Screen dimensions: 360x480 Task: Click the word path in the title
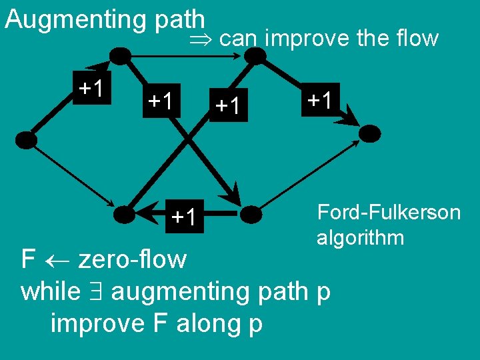coord(179,19)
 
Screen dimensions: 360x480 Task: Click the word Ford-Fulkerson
coord(389,213)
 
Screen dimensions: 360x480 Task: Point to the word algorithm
coord(360,238)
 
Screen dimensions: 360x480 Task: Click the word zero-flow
coord(133,259)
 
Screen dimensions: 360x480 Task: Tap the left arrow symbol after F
coord(57,259)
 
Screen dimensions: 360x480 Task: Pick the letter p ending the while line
coord(324,293)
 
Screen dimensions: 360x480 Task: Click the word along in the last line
coord(207,323)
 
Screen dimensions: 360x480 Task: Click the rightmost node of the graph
coord(371,132)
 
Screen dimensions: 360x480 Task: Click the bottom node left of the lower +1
coord(124,214)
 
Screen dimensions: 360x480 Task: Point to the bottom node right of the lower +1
coord(251,213)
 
